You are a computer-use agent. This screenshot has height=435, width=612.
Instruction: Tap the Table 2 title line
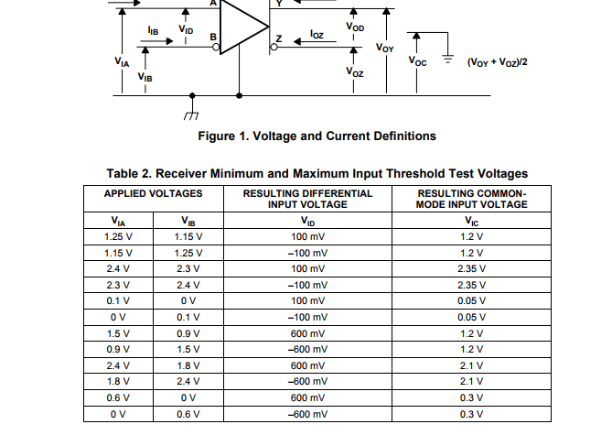coord(317,173)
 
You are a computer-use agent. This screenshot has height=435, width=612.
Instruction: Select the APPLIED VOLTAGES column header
coord(153,194)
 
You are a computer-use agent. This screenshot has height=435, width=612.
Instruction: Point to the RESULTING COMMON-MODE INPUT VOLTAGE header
coord(471,199)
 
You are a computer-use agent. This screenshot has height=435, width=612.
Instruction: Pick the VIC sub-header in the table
coord(471,221)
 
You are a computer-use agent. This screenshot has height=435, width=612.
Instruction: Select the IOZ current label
coord(317,35)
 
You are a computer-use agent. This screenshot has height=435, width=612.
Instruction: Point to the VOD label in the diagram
coord(355,27)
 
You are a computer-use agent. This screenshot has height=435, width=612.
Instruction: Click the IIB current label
coord(153,31)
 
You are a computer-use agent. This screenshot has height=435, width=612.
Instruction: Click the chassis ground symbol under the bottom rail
coord(191,112)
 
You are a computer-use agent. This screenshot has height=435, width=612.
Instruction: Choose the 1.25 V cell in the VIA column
coord(119,236)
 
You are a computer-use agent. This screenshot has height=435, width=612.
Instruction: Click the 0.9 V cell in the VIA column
coord(119,349)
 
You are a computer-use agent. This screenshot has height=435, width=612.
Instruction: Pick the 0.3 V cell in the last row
coord(471,414)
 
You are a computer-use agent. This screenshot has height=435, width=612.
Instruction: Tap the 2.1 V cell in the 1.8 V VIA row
coord(471,381)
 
